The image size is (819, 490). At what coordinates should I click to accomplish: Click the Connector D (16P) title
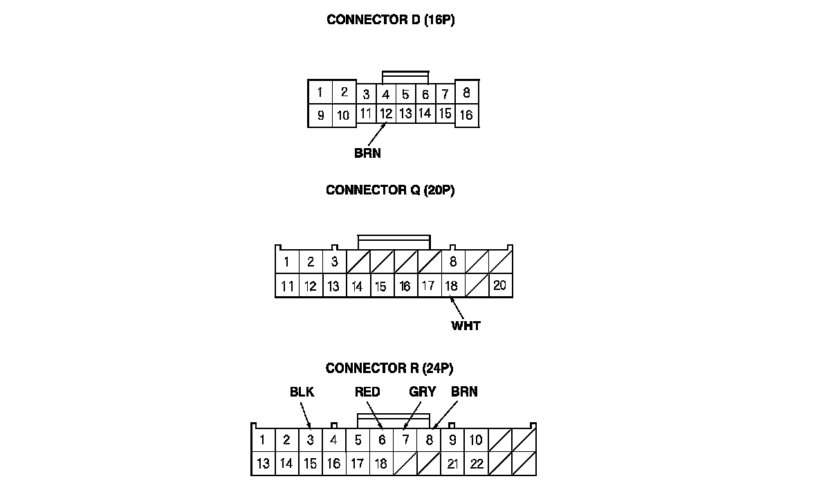pyautogui.click(x=390, y=20)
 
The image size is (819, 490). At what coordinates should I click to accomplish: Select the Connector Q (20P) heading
pyautogui.click(x=390, y=190)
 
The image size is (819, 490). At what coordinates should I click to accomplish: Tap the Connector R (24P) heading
pyautogui.click(x=390, y=368)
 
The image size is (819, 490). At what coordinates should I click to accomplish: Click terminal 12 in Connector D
pyautogui.click(x=386, y=113)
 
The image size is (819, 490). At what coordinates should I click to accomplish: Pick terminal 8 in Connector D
pyautogui.click(x=467, y=92)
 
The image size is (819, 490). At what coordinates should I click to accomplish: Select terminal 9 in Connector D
pyautogui.click(x=320, y=116)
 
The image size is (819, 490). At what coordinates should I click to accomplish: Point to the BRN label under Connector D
pyautogui.click(x=367, y=154)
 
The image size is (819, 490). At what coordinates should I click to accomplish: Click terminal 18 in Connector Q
pyautogui.click(x=451, y=285)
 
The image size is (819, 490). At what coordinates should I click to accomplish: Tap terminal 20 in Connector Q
pyautogui.click(x=500, y=284)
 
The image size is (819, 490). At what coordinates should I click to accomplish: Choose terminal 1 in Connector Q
pyautogui.click(x=286, y=262)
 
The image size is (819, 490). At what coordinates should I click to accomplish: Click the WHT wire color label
pyautogui.click(x=466, y=325)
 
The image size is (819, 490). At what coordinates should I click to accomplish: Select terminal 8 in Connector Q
pyautogui.click(x=453, y=262)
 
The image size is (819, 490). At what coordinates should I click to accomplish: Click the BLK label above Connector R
pyautogui.click(x=302, y=392)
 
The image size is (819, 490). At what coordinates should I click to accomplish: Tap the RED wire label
pyautogui.click(x=367, y=392)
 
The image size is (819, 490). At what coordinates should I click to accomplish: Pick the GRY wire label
pyautogui.click(x=422, y=392)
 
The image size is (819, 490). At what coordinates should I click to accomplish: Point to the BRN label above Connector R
pyautogui.click(x=464, y=392)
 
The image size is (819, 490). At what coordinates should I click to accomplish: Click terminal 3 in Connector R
pyautogui.click(x=311, y=439)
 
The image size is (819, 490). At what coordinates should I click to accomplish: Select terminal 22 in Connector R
pyautogui.click(x=476, y=464)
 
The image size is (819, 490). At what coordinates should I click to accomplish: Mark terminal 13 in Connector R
pyautogui.click(x=263, y=464)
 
